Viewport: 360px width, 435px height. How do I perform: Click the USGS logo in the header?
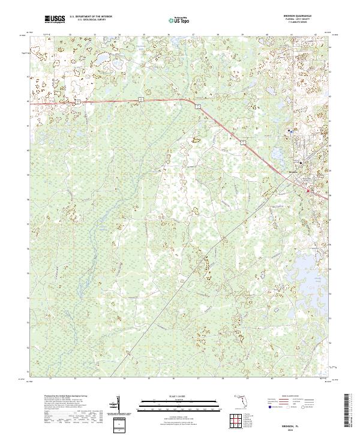pos(55,20)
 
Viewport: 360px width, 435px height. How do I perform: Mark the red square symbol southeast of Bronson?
pos(310,191)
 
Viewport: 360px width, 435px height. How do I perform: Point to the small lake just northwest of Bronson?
pos(277,154)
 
